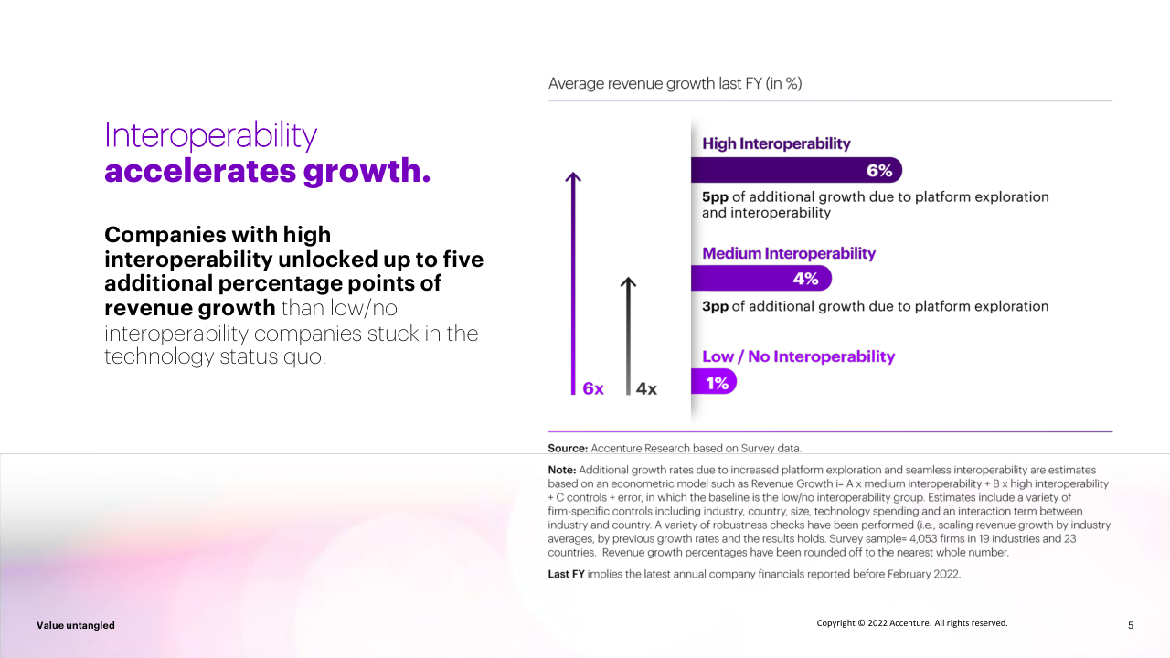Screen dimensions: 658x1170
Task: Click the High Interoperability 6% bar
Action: [795, 170]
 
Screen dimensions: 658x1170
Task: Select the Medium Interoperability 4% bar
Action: [760, 278]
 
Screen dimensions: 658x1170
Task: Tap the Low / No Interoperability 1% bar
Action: [713, 382]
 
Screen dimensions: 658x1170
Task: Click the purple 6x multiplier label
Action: [593, 388]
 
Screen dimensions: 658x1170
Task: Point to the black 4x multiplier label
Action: [646, 388]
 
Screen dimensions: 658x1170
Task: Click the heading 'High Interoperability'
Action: [776, 143]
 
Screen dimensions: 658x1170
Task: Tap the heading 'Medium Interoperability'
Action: [788, 253]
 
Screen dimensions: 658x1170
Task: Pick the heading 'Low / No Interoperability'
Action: [798, 356]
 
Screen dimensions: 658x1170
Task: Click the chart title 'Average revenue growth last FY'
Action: [675, 84]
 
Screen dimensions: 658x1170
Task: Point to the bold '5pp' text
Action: [715, 196]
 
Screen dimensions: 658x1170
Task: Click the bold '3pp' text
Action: [715, 306]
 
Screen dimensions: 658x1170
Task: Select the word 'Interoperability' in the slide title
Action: [211, 135]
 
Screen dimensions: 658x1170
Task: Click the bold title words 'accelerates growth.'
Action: [267, 171]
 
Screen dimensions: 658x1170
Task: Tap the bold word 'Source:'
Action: [568, 448]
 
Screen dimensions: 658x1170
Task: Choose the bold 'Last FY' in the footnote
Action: [566, 574]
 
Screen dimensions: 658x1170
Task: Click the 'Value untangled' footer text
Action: [76, 625]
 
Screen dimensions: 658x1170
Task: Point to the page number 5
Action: [1131, 625]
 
